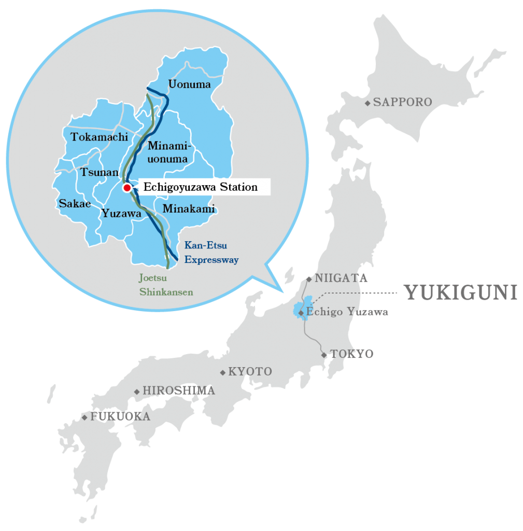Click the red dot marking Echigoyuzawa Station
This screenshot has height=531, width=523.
tap(126, 188)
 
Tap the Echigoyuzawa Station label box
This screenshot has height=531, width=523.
tap(200, 187)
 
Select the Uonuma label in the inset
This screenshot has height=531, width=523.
tap(190, 84)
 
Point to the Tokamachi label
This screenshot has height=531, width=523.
tap(99, 137)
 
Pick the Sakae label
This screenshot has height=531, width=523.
tap(75, 204)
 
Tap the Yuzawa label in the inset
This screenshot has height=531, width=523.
tap(121, 213)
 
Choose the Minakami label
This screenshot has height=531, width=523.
tap(189, 209)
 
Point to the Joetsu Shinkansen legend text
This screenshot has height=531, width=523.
tap(166, 285)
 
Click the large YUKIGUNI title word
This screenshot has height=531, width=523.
tap(460, 293)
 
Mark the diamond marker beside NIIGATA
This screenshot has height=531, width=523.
tap(309, 279)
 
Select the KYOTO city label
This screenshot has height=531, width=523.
tap(250, 372)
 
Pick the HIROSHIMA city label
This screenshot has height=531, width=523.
tap(178, 390)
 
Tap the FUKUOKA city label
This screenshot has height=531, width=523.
tap(120, 416)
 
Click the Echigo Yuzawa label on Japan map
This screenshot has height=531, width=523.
tap(347, 312)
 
